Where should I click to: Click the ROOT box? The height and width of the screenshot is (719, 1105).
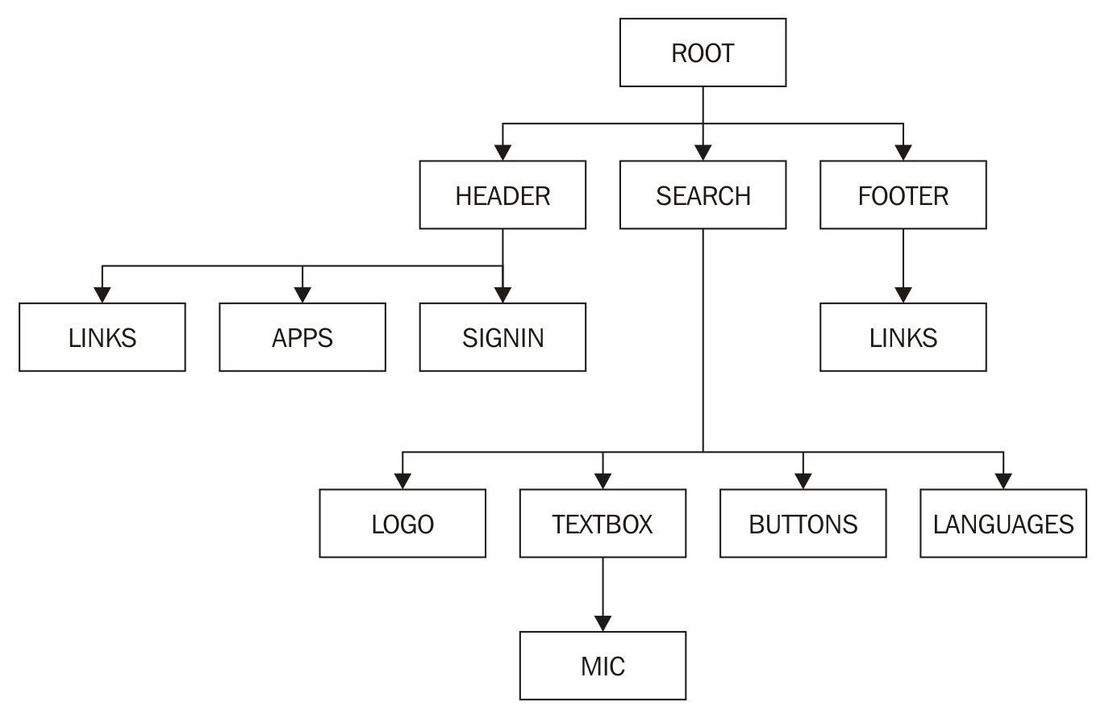703,52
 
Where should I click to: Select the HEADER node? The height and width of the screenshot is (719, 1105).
502,195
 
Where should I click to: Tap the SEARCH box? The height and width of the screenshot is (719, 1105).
703,195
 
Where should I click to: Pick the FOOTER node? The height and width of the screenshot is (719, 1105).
903,195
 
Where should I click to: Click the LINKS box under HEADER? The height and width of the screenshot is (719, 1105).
102,337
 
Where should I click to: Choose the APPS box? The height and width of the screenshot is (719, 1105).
302,337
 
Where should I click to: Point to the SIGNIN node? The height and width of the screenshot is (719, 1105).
502,337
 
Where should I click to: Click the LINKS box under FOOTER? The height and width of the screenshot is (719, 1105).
903,337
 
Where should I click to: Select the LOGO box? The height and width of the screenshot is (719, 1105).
402,524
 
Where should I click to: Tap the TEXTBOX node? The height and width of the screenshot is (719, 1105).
603,524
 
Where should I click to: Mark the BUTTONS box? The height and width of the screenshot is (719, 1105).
803,524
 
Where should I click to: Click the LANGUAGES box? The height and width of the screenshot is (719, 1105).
1003,524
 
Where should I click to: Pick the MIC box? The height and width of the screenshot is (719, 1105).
603,666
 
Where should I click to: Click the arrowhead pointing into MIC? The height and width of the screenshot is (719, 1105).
603,624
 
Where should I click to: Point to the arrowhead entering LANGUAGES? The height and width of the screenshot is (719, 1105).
1003,482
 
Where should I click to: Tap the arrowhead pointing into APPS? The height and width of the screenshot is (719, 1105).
302,295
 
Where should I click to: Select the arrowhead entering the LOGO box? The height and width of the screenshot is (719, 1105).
402,482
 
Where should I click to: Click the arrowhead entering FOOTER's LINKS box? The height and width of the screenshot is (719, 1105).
903,295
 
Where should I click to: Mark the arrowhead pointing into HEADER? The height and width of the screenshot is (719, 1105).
502,153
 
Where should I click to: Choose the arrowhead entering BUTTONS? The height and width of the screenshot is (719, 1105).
803,482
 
